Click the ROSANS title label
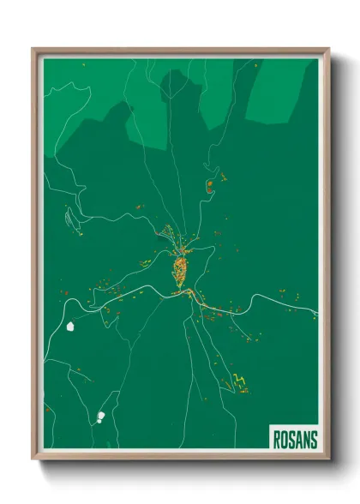[x=294, y=438]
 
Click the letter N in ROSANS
[x=305, y=438]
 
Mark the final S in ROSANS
[x=313, y=438]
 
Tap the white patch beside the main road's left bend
[x=70, y=327]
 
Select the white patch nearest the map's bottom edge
[x=100, y=417]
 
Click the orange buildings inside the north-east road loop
[x=209, y=184]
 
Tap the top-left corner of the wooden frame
[x=33, y=48]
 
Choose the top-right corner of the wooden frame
[x=329, y=48]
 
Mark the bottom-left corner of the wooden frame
[x=33, y=460]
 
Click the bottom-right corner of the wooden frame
[x=329, y=460]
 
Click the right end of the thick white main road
[x=316, y=315]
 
